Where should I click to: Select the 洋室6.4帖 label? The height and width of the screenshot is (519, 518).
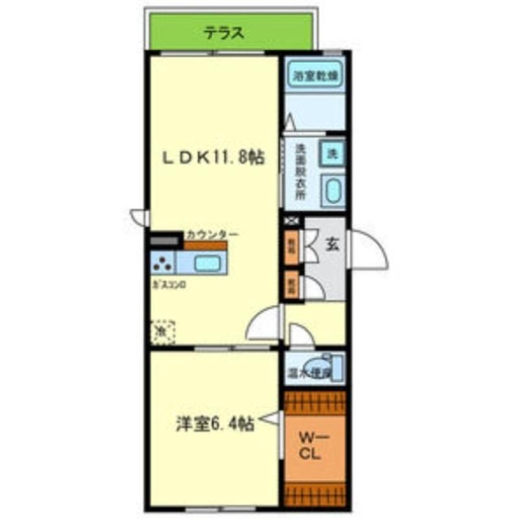214,424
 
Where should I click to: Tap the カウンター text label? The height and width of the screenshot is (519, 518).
211,234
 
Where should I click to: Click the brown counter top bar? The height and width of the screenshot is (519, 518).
205,246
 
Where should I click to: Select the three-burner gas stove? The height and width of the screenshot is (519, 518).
163,263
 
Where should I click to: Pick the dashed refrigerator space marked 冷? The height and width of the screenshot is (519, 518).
163,331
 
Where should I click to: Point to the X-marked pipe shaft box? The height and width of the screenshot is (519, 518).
290,221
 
